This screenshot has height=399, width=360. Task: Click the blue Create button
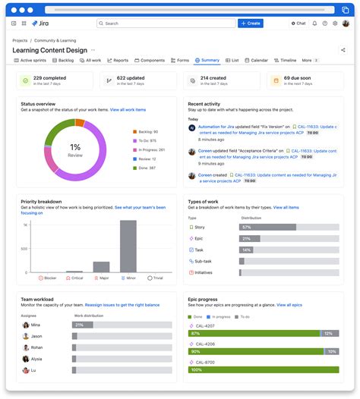[251, 24]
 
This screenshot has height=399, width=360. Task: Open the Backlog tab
[63, 60]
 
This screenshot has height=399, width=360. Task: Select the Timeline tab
[286, 60]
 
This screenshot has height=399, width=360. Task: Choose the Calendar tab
[256, 60]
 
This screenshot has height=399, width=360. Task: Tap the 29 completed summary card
[53, 80]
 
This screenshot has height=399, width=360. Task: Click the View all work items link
[128, 110]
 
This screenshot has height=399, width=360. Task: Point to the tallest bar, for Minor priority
[128, 246]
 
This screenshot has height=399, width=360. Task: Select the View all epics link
[289, 305]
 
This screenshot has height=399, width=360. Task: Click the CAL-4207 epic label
[204, 325]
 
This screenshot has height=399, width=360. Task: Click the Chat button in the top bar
[298, 24]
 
